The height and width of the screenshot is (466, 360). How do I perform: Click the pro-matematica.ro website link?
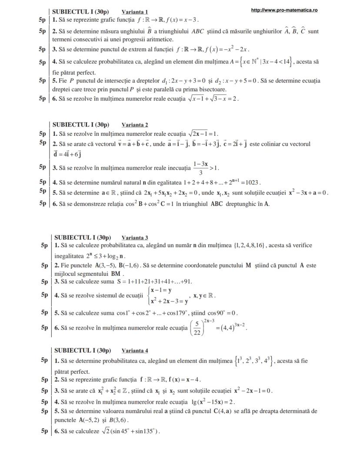point(284,10)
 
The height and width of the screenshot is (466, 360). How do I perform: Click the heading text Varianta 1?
point(135,12)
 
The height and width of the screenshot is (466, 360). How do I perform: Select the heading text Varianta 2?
point(135,125)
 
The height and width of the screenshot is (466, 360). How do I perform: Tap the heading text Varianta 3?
point(135,238)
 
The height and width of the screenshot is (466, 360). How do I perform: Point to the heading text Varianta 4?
point(135,350)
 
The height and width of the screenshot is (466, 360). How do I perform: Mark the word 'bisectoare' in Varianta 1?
point(212,89)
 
